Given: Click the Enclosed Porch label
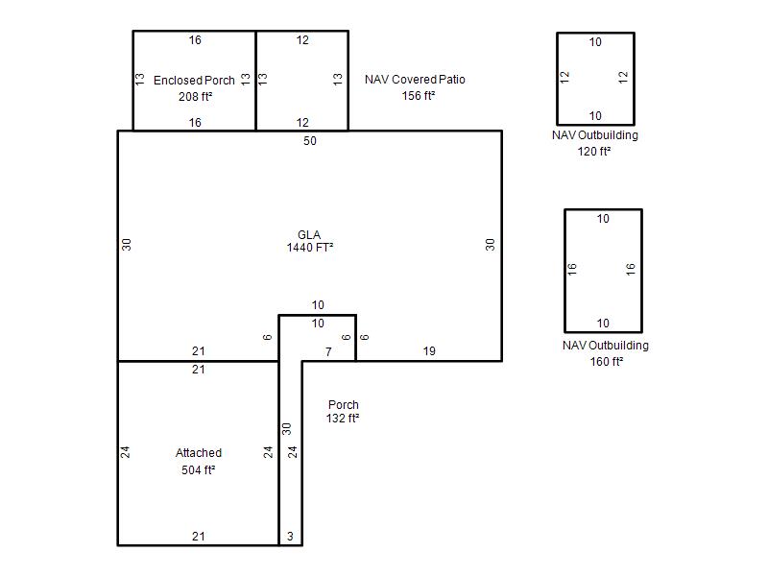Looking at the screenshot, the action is point(194,81).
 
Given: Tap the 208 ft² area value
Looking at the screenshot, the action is point(196,97).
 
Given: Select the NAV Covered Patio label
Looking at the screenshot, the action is point(415,80).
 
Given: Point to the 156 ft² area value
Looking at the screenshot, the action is point(419,95).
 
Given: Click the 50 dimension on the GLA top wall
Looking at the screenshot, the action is point(309,141).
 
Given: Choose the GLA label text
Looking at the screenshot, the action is point(309,234).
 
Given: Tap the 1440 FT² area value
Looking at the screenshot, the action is point(310,248).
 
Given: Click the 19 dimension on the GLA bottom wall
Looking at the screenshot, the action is point(429,351).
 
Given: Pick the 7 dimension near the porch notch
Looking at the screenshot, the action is point(328,351).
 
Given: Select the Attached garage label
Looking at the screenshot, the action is point(199,452).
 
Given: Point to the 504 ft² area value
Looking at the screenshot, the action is point(199,470).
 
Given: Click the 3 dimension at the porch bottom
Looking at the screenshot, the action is point(290,537).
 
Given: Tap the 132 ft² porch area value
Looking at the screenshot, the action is point(343,419).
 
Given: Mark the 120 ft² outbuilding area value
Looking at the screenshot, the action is point(594,152).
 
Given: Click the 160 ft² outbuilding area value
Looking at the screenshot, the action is point(607,362).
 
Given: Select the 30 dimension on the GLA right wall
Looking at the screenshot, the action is point(490,245).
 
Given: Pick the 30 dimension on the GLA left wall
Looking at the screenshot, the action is point(127,245).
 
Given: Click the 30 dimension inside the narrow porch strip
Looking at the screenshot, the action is point(286,428).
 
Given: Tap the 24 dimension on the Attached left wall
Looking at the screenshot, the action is point(126,451).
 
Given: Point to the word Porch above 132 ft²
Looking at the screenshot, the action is point(344,405).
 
